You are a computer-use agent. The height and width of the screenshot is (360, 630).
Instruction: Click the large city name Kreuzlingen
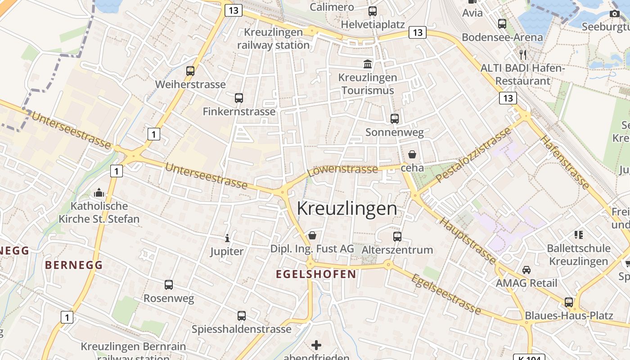[x=347, y=209]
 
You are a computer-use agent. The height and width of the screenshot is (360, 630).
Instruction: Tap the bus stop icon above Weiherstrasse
[x=190, y=71]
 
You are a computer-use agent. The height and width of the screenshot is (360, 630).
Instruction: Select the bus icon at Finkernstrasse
[x=239, y=98]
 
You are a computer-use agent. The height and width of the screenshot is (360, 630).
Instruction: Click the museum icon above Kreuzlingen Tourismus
[x=368, y=64]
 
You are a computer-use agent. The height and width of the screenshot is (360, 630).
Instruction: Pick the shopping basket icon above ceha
[x=412, y=154]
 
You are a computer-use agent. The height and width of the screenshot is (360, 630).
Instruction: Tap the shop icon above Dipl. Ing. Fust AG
[x=312, y=235]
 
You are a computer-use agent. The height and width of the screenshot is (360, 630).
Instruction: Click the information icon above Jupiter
[x=227, y=238]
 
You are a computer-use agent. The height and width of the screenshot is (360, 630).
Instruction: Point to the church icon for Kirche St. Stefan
[x=99, y=193]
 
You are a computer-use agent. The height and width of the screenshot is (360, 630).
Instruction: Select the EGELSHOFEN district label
[x=316, y=274]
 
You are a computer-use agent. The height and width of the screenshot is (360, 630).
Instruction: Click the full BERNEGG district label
[x=74, y=265]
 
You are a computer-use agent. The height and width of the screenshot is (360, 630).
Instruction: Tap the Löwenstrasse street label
[x=343, y=169]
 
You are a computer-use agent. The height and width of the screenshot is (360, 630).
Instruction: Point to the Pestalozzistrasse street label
[x=474, y=154]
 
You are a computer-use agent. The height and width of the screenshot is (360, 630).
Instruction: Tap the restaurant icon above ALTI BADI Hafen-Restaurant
[x=522, y=55]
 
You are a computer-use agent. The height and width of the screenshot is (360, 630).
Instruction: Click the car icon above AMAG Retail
[x=526, y=270]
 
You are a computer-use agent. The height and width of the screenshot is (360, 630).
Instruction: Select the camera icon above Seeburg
[x=614, y=13]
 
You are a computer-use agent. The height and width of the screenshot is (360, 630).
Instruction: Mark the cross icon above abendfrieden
[x=316, y=345]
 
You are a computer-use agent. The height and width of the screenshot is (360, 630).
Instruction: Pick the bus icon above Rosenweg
[x=169, y=284]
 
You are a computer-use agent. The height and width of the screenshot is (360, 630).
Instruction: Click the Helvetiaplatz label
[x=373, y=24]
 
